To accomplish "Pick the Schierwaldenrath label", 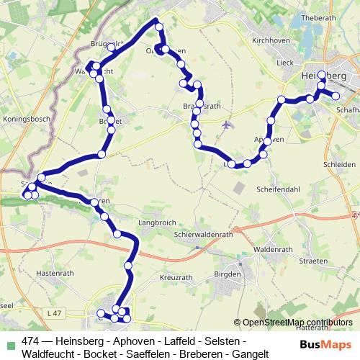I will coord(206,233).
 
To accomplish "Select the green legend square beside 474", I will coord(9,342).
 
